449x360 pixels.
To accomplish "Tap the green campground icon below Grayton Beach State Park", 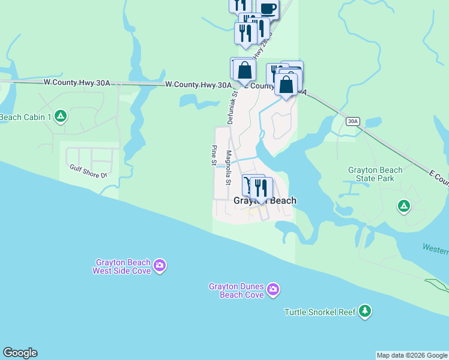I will (404, 207).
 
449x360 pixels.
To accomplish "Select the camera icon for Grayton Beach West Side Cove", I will (160, 265).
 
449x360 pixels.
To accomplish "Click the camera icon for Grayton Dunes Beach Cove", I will (273, 290).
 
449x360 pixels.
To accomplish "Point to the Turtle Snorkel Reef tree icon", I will (364, 311).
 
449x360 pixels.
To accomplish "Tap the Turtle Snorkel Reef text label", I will (320, 312).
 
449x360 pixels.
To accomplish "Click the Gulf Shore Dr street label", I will (88, 172).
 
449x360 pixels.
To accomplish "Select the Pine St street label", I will (214, 154).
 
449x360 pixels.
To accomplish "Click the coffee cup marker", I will (268, 8).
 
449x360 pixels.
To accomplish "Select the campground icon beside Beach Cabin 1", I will (60, 116).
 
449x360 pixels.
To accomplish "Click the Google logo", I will (20, 353).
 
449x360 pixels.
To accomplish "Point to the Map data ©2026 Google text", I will (412, 355).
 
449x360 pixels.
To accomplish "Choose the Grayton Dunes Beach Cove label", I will (237, 291).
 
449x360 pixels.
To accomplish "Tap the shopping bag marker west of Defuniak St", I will (244, 71).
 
